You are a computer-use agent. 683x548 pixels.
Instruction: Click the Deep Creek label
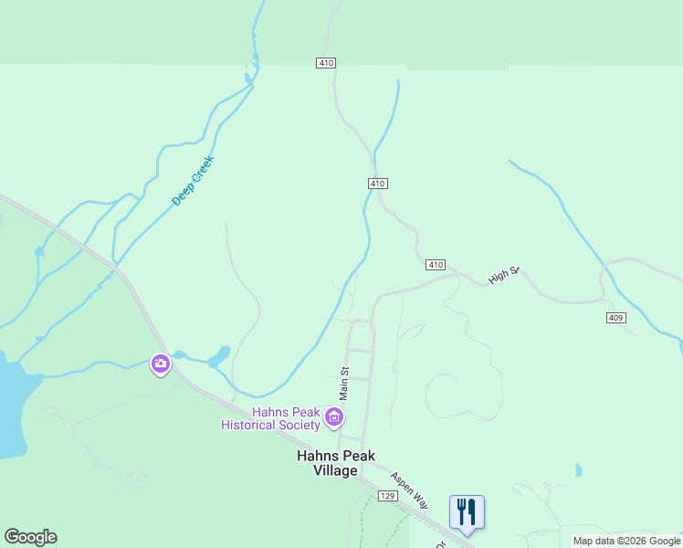coord(192,180)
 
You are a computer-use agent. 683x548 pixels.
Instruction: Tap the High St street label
coord(503,274)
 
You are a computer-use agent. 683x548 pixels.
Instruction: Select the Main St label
coord(344,384)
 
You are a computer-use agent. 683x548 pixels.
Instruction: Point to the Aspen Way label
coord(408,489)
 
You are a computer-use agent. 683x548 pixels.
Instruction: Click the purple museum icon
coord(334,419)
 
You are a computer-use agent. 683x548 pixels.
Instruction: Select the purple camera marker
coord(161,364)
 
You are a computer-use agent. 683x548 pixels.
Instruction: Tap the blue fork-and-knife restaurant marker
coord(467,511)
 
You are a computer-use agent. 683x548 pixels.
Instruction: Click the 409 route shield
coord(615,317)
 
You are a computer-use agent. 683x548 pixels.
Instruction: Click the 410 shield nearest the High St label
coord(435,265)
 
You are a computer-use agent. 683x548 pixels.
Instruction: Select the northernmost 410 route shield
coord(327,63)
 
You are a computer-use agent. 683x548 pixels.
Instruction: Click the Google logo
coord(30,537)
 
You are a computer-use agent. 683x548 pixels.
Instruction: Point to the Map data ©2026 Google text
coord(626,541)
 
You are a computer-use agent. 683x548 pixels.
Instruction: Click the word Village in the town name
coord(335,470)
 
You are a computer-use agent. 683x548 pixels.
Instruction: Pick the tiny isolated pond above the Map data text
coord(578,470)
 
